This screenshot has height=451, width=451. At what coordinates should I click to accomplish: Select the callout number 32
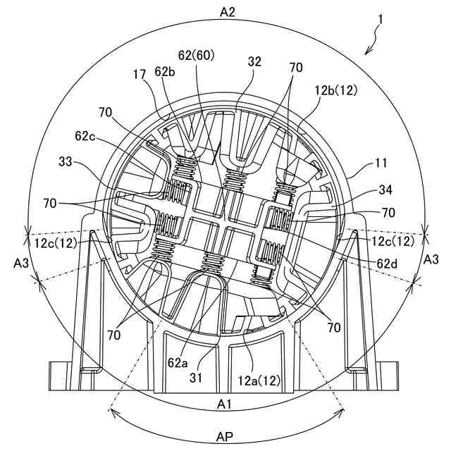(254, 62)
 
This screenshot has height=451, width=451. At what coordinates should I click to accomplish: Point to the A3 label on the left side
(20, 263)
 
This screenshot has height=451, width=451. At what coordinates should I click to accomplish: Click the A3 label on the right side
(431, 260)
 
